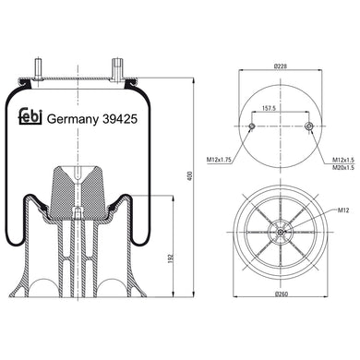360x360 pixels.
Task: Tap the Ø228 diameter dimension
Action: tap(282, 67)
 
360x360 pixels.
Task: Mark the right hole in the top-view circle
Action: tap(308, 127)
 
